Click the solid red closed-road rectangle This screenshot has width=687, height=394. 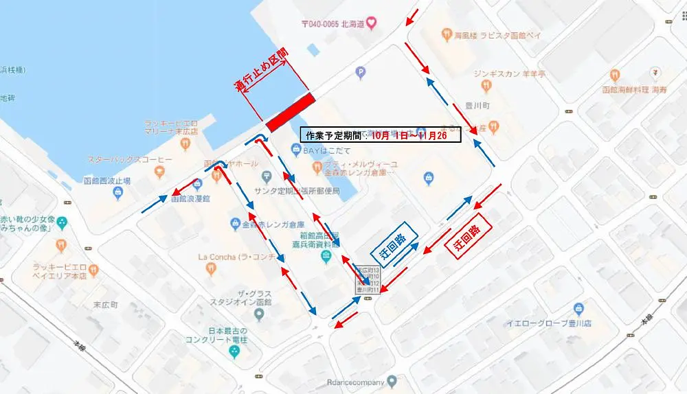coord(290,111)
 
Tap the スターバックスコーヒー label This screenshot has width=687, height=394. coord(130,159)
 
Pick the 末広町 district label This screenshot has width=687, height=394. coord(105,304)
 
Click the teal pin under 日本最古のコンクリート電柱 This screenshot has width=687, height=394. coord(234,351)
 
